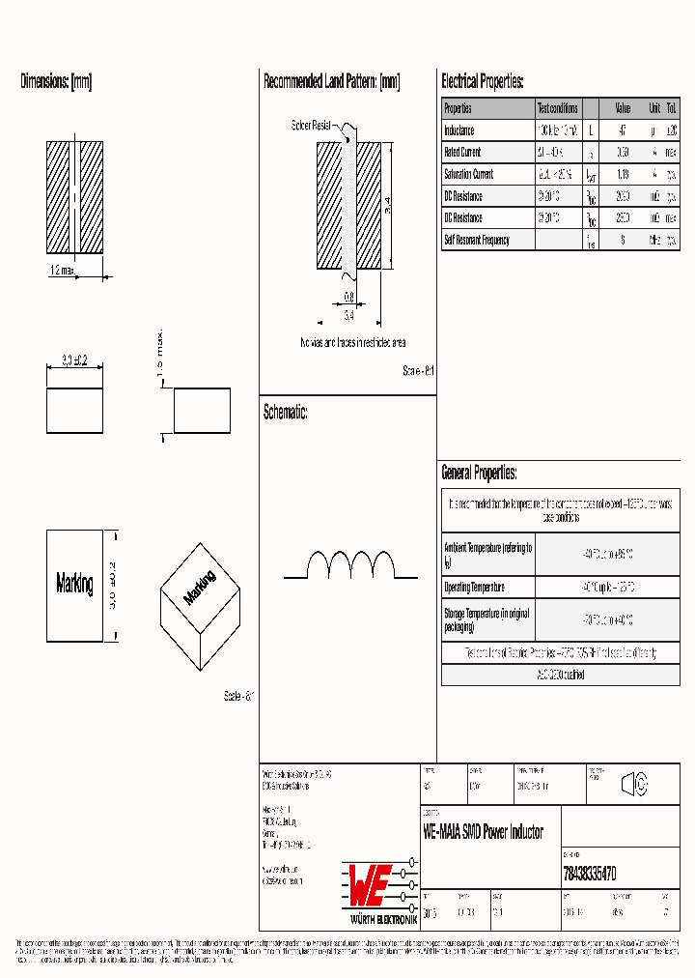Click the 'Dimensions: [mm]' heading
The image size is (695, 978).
click(x=56, y=82)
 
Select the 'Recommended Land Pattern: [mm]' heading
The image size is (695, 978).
click(x=331, y=82)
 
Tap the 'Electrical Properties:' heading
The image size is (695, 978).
click(x=482, y=82)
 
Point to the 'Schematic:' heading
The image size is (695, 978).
click(x=285, y=413)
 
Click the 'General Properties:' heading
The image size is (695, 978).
click(x=479, y=473)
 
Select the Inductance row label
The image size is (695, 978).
click(x=459, y=130)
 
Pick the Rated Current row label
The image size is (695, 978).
click(x=462, y=153)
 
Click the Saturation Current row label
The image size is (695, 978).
click(x=468, y=174)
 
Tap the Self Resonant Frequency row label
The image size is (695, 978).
click(x=477, y=240)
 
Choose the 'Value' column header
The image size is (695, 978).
click(x=623, y=108)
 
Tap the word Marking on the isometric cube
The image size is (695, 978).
click(x=200, y=588)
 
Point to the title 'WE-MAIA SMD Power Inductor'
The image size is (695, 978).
click(x=483, y=832)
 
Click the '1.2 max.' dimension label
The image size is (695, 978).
click(x=61, y=272)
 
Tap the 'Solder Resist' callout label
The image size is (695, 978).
click(x=311, y=126)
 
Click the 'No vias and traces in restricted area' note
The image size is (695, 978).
click(x=352, y=343)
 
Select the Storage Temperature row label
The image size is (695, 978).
click(x=486, y=619)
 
